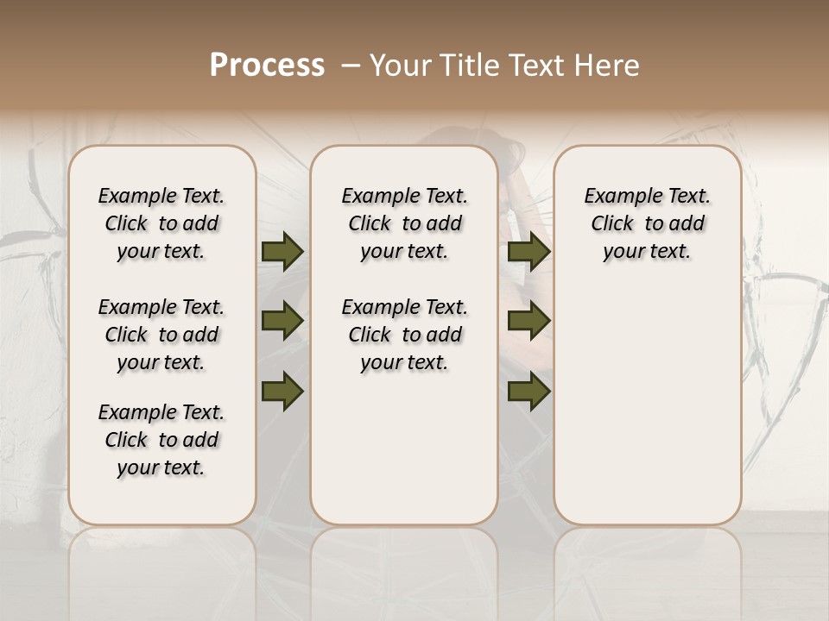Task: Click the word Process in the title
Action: coord(267,66)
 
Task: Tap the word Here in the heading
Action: coord(606,66)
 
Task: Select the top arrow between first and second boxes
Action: coord(282,251)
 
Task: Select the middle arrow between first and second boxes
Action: coord(282,322)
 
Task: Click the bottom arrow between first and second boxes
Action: coord(282,391)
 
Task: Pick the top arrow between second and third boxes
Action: coord(528,251)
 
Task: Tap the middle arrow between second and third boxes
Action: coord(528,322)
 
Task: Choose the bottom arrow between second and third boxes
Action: coord(528,391)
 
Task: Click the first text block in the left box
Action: coord(161,223)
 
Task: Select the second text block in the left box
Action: coord(161,335)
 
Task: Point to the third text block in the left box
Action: coord(161,440)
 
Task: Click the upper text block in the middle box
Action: coord(404,223)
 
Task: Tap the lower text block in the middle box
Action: coord(404,335)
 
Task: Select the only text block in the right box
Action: coord(647,223)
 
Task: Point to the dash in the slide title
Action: coord(351,66)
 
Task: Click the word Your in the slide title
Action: coord(399,66)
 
